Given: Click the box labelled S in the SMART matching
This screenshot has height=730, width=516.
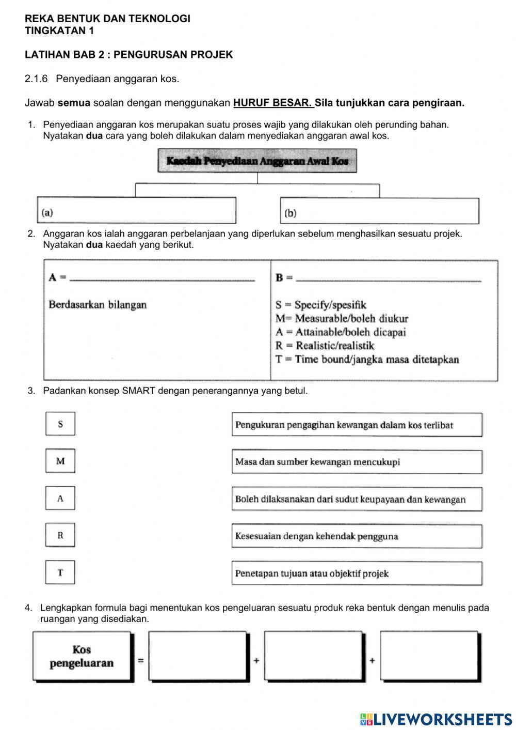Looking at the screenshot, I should tap(60, 424).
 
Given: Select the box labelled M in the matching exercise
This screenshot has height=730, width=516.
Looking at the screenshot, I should tap(60, 461).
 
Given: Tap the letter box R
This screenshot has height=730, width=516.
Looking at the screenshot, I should tap(60, 535).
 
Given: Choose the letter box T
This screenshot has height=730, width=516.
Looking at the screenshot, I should tap(60, 572).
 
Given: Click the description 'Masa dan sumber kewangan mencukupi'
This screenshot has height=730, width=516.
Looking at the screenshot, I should tap(357, 462).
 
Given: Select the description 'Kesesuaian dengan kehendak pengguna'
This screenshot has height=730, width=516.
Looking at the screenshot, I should tap(357, 536).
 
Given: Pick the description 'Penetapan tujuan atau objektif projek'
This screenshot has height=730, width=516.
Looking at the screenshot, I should tap(357, 573).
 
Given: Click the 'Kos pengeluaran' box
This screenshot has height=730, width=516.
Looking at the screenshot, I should tap(82, 656).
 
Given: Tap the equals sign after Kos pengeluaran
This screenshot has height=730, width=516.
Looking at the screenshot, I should tap(140, 660).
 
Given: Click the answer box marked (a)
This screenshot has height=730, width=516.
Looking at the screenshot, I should tap(136, 211).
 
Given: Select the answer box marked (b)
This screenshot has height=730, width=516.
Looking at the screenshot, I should tap(379, 211).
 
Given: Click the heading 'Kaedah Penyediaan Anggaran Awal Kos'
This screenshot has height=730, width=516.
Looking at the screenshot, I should tap(257, 161).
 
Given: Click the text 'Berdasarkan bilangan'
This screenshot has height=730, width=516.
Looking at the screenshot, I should tap(98, 304).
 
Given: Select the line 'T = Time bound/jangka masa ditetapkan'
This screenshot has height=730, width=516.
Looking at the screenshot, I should tap(367, 359).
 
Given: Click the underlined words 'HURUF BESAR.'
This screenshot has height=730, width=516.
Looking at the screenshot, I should tap(272, 102).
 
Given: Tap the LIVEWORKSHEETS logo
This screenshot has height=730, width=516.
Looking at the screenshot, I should tap(436, 719).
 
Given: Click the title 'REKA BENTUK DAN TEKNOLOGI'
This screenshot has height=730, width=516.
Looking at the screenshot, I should tap(107, 19).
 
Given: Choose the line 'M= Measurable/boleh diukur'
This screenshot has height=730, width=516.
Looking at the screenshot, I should tap(342, 318).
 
